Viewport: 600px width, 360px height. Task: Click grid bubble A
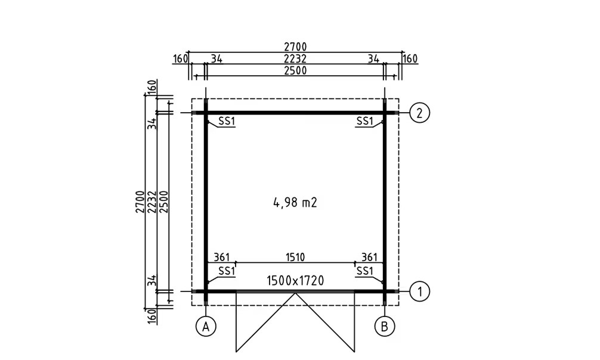pos(206,327)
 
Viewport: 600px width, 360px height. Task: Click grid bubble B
pos(385,327)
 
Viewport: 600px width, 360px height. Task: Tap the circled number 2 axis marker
pos(420,113)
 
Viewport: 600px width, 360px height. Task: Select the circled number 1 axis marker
pos(420,291)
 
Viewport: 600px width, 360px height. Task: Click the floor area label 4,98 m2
pos(295,203)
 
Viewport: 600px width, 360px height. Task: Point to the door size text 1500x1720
pos(295,281)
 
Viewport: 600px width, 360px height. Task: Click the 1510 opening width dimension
pos(295,257)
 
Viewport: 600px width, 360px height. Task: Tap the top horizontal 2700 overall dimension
pos(295,46)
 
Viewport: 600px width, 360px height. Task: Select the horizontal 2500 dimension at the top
pos(295,70)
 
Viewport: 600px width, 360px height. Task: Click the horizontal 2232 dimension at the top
pos(295,58)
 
